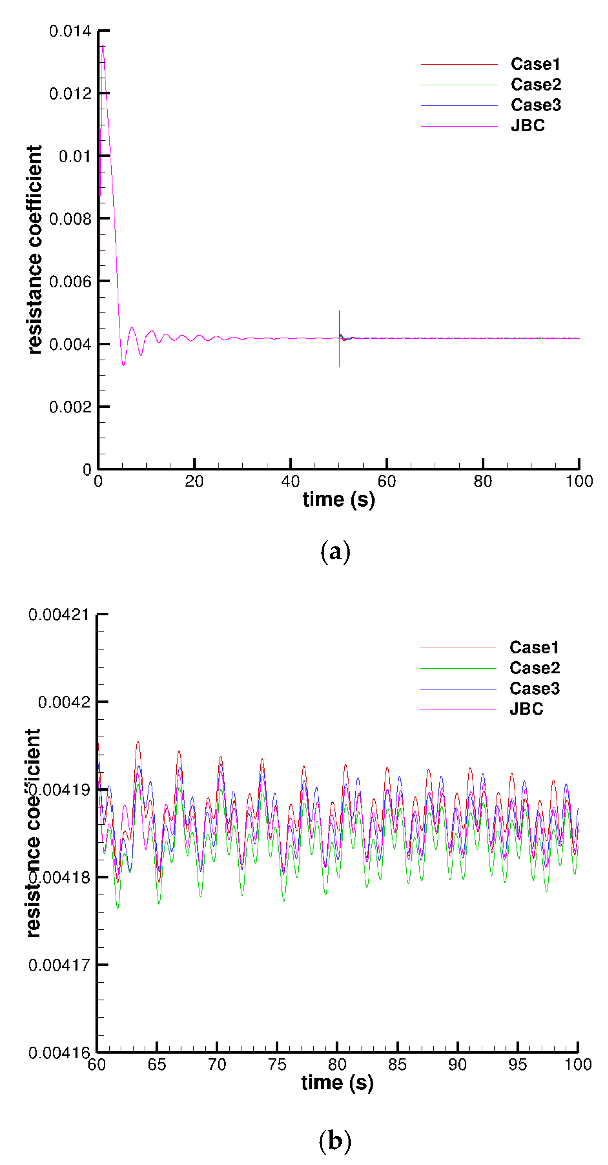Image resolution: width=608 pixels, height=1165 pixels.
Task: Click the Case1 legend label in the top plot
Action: (x=535, y=64)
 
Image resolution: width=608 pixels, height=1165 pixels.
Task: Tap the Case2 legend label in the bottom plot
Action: (x=534, y=668)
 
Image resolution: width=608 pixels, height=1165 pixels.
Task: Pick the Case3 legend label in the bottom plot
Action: (x=534, y=689)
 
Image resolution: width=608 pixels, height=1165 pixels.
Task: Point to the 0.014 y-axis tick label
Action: (x=70, y=31)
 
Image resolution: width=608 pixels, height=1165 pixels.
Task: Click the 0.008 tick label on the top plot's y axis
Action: (x=70, y=219)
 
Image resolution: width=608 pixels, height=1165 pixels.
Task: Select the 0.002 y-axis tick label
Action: (x=70, y=407)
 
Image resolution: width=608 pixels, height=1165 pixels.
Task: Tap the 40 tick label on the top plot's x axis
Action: (x=290, y=481)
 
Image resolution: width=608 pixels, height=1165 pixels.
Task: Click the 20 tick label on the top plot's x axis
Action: (x=194, y=481)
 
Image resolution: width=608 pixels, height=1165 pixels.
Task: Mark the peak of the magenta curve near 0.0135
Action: (x=103, y=46)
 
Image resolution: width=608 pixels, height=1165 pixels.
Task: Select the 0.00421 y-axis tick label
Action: (x=59, y=615)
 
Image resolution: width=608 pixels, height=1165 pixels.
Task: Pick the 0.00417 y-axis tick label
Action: (x=59, y=966)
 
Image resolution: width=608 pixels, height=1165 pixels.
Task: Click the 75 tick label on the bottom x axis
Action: (x=277, y=1065)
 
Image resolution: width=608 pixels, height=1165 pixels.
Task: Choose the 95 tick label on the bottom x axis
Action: (x=518, y=1065)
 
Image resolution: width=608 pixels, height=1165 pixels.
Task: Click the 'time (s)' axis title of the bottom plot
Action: (x=337, y=1083)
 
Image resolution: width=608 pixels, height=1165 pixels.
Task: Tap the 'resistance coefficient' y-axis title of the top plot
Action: (x=34, y=250)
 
